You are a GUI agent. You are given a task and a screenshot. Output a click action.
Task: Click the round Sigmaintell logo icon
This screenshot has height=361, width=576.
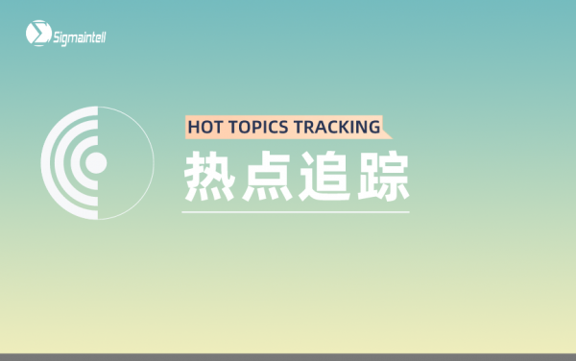[36, 35]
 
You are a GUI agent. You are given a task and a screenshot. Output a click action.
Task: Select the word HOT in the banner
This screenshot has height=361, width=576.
[204, 127]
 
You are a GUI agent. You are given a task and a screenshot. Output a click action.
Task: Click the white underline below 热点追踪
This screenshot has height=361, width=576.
[296, 211]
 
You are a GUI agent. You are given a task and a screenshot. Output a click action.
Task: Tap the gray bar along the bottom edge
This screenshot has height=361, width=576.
[288, 356]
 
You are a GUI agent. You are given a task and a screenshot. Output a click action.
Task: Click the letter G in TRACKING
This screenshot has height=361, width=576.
[372, 127]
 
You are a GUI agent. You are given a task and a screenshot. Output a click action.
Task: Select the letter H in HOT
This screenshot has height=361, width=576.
[192, 127]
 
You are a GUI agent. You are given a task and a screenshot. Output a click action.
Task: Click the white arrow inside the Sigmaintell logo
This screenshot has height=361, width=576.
[36, 35]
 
